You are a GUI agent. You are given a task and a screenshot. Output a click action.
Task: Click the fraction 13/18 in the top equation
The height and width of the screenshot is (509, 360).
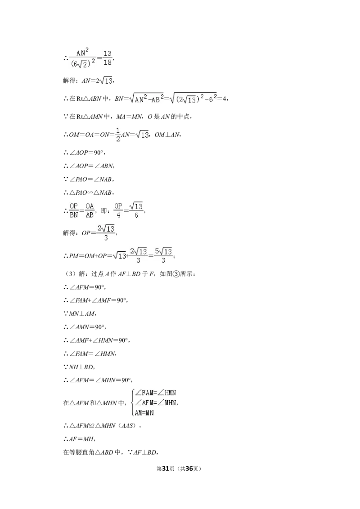click(108, 58)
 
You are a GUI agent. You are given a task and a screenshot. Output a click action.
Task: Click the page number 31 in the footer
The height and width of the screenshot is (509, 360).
click(166, 469)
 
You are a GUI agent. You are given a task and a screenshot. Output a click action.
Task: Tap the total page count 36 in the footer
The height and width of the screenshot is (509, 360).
click(189, 469)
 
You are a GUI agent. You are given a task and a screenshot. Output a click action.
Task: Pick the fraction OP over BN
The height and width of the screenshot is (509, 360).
click(74, 210)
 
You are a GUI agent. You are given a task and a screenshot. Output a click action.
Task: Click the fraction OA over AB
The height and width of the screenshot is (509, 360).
click(90, 210)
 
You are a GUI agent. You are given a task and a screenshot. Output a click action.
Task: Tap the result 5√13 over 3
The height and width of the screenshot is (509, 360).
click(163, 255)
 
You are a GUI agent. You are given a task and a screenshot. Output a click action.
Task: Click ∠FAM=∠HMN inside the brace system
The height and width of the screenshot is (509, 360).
click(156, 393)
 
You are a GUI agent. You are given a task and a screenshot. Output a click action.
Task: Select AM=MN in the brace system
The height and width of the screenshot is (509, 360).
click(144, 413)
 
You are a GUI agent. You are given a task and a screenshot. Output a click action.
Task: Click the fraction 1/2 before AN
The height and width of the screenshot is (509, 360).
click(118, 134)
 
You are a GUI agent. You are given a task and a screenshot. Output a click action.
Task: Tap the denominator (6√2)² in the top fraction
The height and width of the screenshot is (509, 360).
click(83, 63)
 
